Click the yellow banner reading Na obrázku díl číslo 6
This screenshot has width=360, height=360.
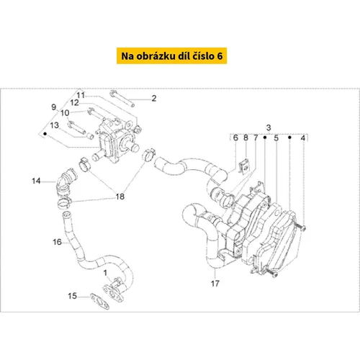point(171,55)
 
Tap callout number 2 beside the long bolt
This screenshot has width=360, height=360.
point(154,98)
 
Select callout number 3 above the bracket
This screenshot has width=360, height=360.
point(269,127)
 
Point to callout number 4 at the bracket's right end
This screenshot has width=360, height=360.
point(303,138)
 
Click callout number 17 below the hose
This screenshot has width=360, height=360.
point(215,284)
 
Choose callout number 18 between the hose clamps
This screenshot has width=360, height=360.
point(120,197)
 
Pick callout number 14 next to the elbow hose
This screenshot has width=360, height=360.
point(36,181)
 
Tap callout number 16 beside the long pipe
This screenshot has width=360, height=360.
point(57,242)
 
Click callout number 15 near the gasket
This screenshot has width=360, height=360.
point(72,296)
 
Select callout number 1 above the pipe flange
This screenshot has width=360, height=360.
point(105,273)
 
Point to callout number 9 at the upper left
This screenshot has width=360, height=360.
point(54,107)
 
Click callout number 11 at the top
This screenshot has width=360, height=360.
point(81,95)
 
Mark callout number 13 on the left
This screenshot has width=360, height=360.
point(54,125)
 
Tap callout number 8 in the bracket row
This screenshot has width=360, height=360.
point(246,138)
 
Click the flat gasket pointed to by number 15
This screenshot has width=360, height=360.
point(100,301)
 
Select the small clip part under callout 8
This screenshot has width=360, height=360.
point(245,166)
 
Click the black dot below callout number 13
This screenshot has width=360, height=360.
point(45,134)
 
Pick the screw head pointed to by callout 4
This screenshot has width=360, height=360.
point(303,228)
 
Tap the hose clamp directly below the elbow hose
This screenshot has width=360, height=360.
point(64,203)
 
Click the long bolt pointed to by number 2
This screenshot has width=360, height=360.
point(122,98)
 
